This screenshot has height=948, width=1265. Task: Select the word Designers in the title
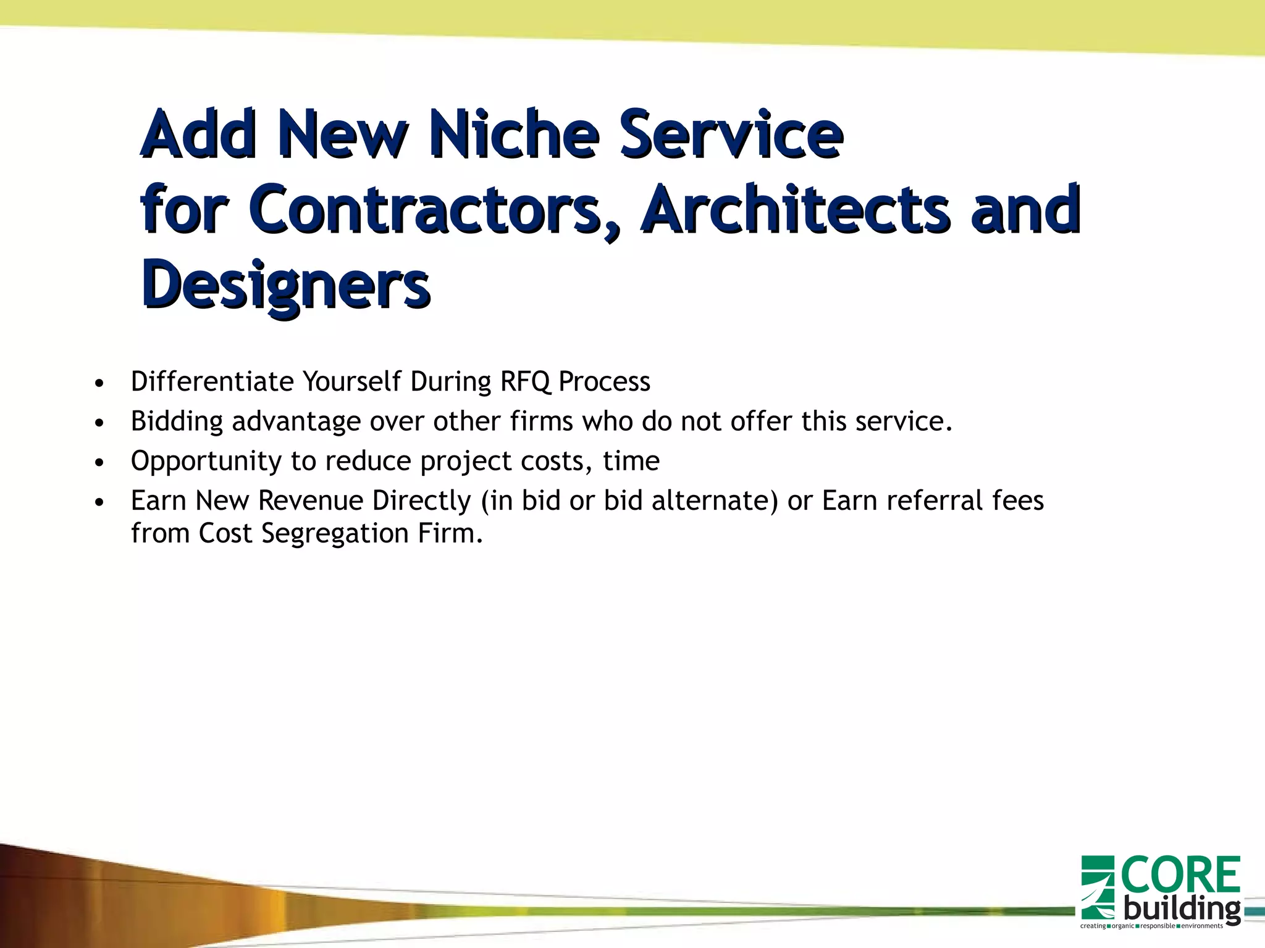tap(285, 286)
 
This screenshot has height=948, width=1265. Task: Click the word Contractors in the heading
tap(426, 210)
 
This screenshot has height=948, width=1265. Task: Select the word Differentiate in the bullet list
tap(212, 381)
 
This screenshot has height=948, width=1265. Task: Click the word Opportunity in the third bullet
tap(206, 461)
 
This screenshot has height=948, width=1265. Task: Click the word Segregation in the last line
tap(335, 533)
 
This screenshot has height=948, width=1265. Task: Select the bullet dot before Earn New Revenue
tap(99, 502)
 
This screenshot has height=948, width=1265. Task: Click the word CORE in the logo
tap(1180, 875)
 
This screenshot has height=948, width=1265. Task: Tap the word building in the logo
tap(1181, 908)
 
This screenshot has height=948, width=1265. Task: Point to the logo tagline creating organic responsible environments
tap(1151, 926)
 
